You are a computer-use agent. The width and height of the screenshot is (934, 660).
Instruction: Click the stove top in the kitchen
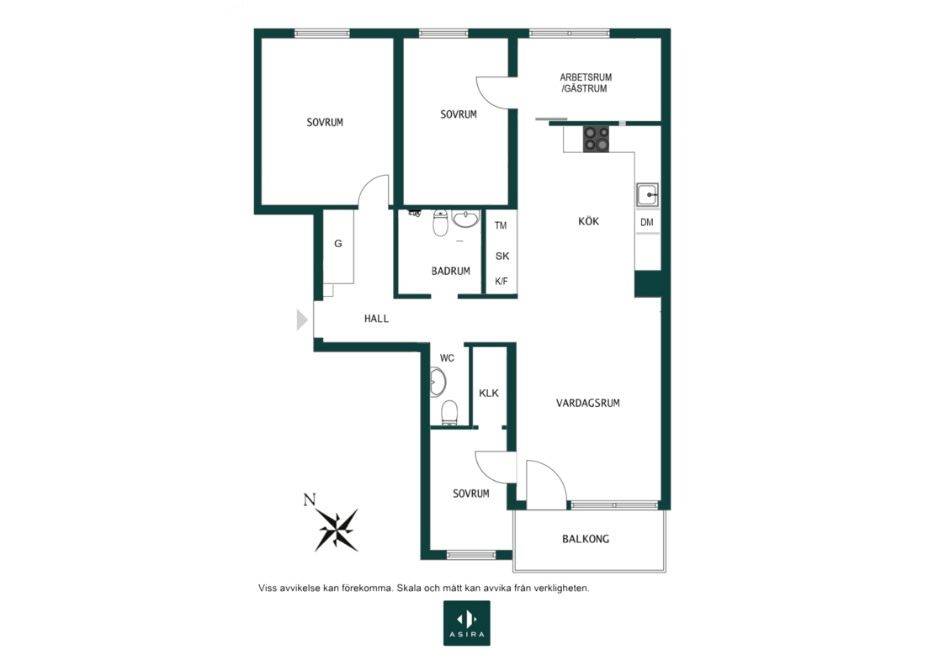(x=596, y=140)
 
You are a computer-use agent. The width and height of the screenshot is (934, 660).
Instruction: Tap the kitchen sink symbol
(x=647, y=194)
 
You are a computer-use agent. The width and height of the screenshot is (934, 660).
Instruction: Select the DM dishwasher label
(x=647, y=223)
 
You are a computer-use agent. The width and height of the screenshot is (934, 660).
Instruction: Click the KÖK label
(x=588, y=221)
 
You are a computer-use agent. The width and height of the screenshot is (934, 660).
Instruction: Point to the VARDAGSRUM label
(x=588, y=403)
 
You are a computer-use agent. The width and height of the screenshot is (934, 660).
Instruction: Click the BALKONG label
(x=586, y=539)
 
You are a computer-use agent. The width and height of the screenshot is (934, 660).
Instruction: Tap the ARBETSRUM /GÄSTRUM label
(x=586, y=82)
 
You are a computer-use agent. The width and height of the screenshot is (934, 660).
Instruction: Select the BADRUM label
(x=451, y=272)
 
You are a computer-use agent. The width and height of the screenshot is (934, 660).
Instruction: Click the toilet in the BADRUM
(x=440, y=223)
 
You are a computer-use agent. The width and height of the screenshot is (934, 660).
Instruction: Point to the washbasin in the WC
(x=438, y=382)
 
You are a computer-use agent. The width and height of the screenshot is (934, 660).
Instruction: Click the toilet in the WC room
(x=449, y=413)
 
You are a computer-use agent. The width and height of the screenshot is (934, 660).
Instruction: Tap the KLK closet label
(x=489, y=393)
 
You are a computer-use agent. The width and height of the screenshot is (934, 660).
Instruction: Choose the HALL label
(x=376, y=319)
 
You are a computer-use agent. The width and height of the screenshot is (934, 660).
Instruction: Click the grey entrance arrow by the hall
(x=302, y=320)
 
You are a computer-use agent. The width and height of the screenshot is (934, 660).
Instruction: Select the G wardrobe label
(x=337, y=244)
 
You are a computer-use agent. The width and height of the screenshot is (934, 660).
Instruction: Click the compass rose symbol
(x=337, y=529)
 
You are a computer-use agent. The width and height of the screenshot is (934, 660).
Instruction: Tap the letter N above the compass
(x=309, y=500)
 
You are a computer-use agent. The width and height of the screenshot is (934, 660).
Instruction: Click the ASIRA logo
(x=467, y=623)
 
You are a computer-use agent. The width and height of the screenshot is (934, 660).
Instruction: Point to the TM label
(x=501, y=225)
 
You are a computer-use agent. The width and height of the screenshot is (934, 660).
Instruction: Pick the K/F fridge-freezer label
(x=501, y=282)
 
